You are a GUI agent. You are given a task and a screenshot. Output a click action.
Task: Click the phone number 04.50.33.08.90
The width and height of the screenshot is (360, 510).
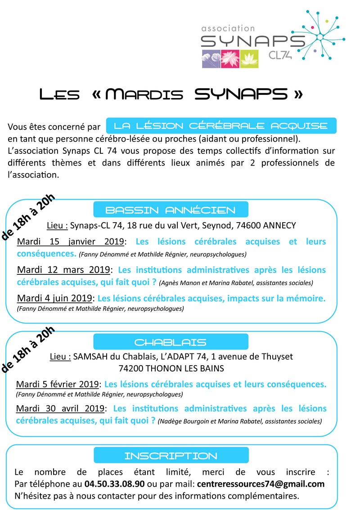pos(114,484)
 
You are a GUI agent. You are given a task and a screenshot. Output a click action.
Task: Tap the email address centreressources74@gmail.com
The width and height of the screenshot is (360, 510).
pos(261,484)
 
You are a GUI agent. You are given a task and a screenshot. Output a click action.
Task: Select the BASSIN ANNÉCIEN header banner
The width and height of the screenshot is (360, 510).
pos(170,210)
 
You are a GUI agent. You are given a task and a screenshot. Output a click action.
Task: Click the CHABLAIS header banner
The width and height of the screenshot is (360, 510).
pos(170,342)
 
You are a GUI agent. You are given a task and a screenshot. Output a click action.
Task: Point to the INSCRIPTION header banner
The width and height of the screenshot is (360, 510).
pos(170,456)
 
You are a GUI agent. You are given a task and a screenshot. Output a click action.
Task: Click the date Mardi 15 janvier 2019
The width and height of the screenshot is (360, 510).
pos(70,242)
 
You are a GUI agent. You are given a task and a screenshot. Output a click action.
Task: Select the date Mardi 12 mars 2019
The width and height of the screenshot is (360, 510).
pos(63,270)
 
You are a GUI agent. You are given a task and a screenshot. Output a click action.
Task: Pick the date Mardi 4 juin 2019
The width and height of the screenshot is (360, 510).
pos(54,298)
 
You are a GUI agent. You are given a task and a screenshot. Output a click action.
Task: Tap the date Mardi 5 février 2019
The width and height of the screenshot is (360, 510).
pos(57,385)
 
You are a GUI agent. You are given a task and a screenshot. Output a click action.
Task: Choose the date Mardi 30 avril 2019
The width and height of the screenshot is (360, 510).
pos(61,409)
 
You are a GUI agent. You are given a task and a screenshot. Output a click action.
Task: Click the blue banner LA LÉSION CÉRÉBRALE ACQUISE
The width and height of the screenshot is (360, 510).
pos(221,125)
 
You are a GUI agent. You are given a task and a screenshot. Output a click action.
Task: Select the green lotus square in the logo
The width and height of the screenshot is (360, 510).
pos(249,59)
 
